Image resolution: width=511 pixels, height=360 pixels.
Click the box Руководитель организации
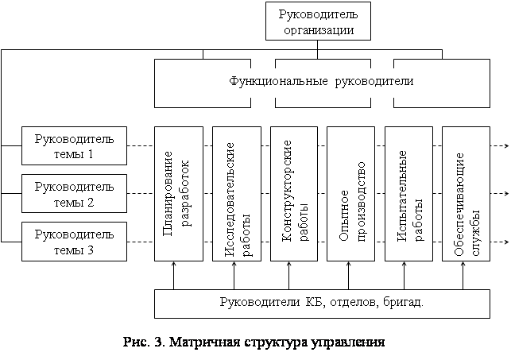tap(319, 21)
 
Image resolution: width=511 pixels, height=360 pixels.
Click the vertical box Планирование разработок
tap(175, 195)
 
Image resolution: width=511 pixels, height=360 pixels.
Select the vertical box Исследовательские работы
tap(234, 195)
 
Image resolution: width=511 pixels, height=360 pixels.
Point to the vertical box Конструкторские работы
tap(291, 195)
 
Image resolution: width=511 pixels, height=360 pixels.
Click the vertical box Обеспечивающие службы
tap(465, 195)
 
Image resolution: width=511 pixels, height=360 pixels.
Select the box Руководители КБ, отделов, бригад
tap(321, 303)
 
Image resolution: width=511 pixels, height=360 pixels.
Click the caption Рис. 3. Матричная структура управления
tap(254, 343)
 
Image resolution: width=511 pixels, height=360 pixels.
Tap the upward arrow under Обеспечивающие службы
tap(463, 276)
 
